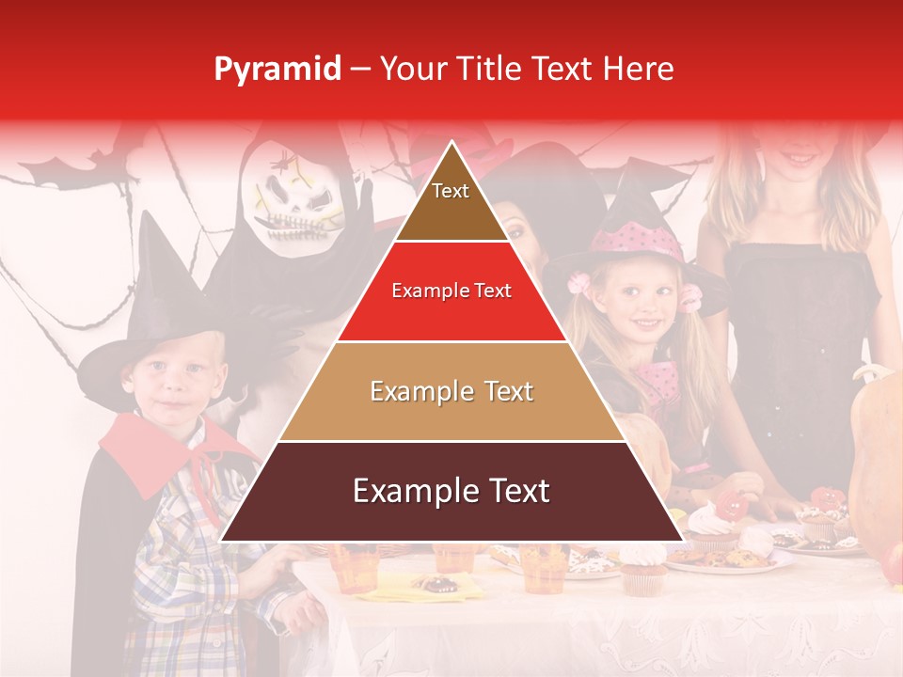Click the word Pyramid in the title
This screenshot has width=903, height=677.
(x=277, y=70)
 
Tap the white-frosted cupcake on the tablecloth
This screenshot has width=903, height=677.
(x=644, y=569)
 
